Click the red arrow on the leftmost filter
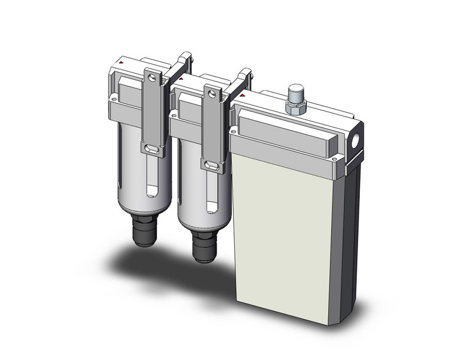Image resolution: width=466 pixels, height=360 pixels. point(123,63)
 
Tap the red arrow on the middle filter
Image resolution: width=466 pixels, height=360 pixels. point(181,79)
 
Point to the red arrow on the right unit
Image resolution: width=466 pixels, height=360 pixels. point(243,96)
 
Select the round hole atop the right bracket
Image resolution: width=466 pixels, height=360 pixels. point(212,94)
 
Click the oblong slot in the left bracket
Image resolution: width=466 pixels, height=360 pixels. point(152,148)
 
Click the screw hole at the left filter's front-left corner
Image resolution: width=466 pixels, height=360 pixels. point(113,98)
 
